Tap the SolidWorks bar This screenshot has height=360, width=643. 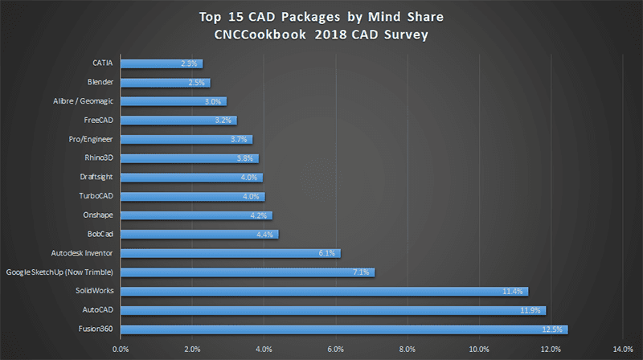point(324,291)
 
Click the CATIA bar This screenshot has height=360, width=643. point(161,63)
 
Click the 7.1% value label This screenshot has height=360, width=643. point(361,272)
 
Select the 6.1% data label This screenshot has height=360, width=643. point(326,253)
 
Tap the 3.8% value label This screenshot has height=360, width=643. point(244,158)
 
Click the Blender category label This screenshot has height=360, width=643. point(100,82)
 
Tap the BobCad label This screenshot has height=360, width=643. point(100,234)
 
